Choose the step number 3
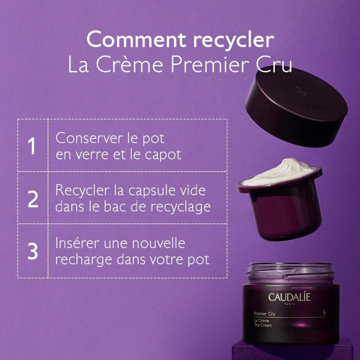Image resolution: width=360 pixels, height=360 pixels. pyautogui.click(x=33, y=251)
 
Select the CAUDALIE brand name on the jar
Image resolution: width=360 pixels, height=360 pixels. pyautogui.click(x=289, y=297)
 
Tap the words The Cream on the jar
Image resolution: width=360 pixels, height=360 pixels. pyautogui.click(x=263, y=325)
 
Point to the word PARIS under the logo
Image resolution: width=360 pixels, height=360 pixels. pyautogui.click(x=289, y=304)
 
